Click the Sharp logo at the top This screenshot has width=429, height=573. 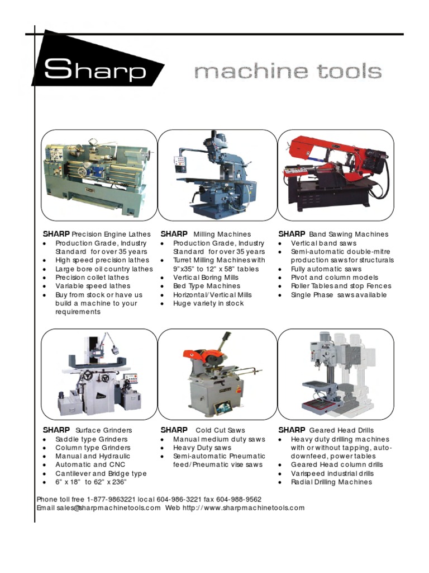(95, 70)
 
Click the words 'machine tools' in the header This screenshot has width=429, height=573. (288, 72)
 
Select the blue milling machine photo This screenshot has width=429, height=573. (217, 175)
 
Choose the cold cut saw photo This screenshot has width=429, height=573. (217, 374)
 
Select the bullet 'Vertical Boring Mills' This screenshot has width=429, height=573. (206, 278)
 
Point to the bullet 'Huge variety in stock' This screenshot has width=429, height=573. (208, 303)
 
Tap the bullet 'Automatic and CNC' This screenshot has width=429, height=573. (90, 464)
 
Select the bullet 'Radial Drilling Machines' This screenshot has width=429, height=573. (331, 482)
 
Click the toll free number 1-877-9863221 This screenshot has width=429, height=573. (118, 499)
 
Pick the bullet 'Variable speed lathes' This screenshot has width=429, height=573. (92, 286)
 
